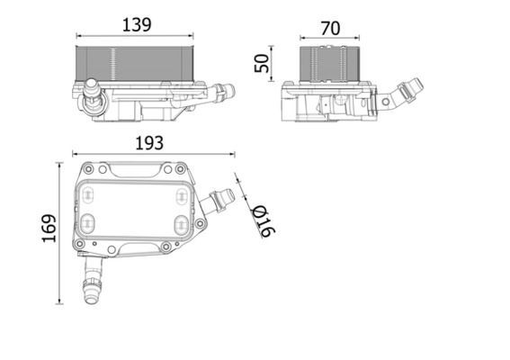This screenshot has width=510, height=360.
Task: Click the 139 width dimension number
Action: pyautogui.click(x=136, y=26)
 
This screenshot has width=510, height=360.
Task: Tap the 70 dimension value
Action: pyautogui.click(x=330, y=28)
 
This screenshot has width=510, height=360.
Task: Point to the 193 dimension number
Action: pyautogui.click(x=148, y=142)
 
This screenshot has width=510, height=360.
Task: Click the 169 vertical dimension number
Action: pyautogui.click(x=49, y=229)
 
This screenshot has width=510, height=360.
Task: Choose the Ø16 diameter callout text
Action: pyautogui.click(x=264, y=219)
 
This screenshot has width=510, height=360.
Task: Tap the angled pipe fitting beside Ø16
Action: pyautogui.click(x=217, y=201)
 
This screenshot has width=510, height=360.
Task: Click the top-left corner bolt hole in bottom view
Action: pyautogui.click(x=87, y=168)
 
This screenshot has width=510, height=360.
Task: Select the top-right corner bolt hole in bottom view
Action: pyautogui.click(x=181, y=168)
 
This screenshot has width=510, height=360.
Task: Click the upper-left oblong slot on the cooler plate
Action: pyautogui.click(x=88, y=191)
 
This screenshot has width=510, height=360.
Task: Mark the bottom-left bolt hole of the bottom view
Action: pyautogui.click(x=80, y=245)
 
